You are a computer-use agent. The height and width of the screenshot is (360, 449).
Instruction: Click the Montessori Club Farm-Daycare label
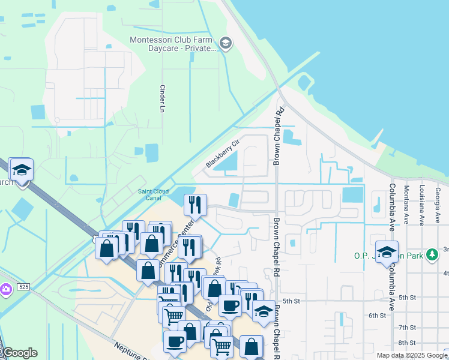click(x=172, y=44)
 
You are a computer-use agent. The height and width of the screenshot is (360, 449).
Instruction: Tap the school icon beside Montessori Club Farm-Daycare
click(x=226, y=43)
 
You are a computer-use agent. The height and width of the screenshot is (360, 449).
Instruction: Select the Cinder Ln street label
click(x=161, y=98)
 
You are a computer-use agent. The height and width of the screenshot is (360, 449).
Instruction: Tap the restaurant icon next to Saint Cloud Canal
click(x=194, y=205)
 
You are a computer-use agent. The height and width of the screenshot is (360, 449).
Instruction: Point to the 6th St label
click(x=376, y=315)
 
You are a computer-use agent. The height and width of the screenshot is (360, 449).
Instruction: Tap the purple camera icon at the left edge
click(x=5, y=290)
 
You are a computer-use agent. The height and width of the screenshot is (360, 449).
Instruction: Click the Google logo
click(x=19, y=353)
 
